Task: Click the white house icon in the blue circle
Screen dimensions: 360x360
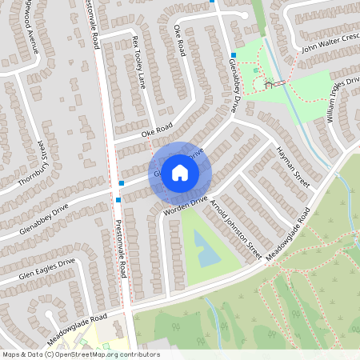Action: [180, 172]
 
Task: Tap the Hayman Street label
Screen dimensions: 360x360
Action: [292, 167]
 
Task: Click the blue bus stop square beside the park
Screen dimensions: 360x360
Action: [233, 55]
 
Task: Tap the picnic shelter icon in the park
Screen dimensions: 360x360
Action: [272, 83]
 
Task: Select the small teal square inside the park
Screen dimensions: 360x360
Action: [256, 70]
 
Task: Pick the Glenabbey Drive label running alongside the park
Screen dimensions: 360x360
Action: [226, 88]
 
